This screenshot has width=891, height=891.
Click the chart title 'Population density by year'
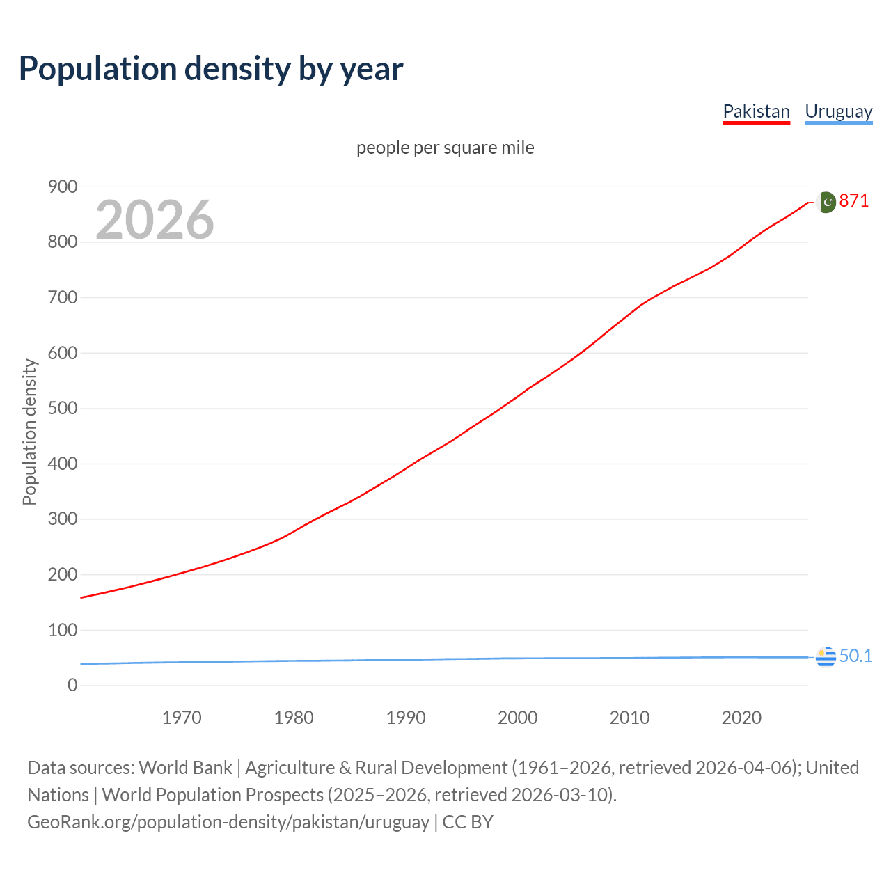(x=211, y=69)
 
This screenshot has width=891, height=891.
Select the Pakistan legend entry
(x=756, y=111)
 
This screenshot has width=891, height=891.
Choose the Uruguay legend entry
(x=838, y=111)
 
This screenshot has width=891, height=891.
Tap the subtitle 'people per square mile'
(x=445, y=148)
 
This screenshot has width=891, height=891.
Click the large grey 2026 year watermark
(x=155, y=220)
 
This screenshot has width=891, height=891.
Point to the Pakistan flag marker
(x=826, y=202)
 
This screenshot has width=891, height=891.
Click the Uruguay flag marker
(x=826, y=656)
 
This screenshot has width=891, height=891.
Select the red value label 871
(x=853, y=201)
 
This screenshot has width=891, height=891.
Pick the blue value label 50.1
(x=855, y=656)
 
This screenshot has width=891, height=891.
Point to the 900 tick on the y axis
(x=63, y=187)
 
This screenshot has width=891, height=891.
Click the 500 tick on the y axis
(x=63, y=408)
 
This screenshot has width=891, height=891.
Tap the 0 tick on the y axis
(x=72, y=686)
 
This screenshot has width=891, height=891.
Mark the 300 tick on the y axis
(x=63, y=519)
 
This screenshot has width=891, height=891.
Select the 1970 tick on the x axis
(x=182, y=718)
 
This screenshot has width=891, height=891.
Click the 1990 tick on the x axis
(x=406, y=718)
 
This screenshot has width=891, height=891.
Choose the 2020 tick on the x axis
(x=741, y=718)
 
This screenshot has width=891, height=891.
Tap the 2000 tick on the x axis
(x=518, y=718)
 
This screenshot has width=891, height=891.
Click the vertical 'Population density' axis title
(x=29, y=432)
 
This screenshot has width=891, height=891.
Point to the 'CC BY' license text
(x=468, y=822)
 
